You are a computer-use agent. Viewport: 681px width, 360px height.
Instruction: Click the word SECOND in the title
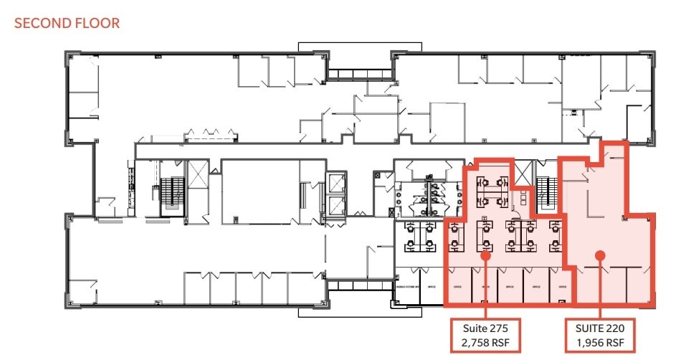42,23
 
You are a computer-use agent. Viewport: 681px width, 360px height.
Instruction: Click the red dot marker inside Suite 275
485,254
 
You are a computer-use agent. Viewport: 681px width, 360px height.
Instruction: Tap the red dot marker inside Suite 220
600,254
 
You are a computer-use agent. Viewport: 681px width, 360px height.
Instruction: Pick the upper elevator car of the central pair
335,181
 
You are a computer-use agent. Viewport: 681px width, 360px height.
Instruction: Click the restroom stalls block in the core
426,198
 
